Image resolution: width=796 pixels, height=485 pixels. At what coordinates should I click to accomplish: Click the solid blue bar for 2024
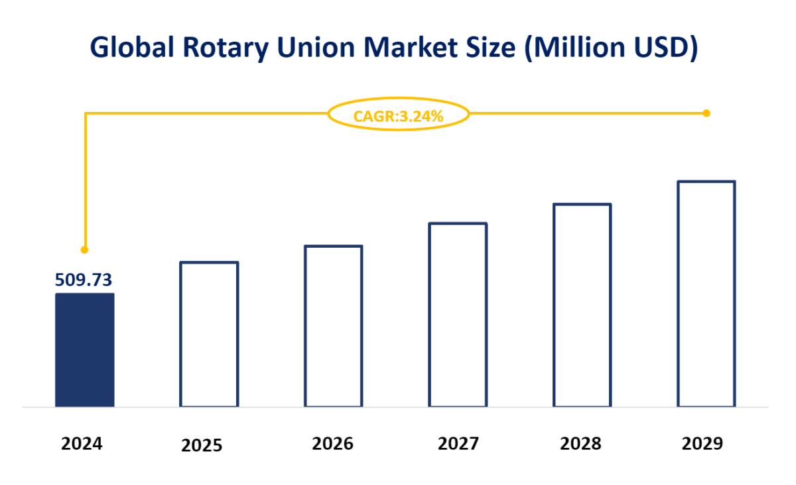click(x=84, y=349)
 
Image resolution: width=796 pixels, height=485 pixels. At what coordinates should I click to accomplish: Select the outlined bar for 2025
click(x=209, y=334)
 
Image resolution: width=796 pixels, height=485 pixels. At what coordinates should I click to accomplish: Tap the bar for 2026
click(x=334, y=326)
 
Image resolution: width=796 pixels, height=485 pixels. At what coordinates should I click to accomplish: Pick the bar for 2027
click(x=458, y=315)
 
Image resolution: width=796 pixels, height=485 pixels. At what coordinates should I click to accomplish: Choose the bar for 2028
click(x=582, y=305)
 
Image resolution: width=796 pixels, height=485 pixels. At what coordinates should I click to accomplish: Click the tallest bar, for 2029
click(x=706, y=294)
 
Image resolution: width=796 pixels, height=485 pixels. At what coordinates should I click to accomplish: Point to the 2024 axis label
click(x=82, y=443)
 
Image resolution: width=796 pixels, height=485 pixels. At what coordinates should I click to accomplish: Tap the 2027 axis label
click(x=458, y=443)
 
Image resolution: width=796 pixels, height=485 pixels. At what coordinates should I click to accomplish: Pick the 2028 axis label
click(x=580, y=443)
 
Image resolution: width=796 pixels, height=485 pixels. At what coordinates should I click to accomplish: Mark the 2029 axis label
click(x=702, y=443)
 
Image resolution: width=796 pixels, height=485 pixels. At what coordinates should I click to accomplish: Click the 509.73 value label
click(x=84, y=280)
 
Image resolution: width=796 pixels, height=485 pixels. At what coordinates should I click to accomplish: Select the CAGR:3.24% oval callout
click(x=399, y=115)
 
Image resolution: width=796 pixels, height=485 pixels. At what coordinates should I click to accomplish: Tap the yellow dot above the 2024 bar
click(x=84, y=250)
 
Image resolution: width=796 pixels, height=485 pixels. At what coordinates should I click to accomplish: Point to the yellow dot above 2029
click(x=706, y=113)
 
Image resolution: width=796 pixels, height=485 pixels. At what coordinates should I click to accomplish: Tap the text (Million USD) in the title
click(x=611, y=49)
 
